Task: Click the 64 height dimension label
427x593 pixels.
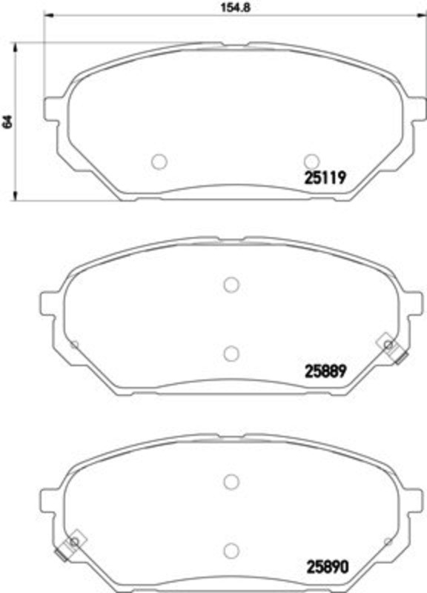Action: pos(7,122)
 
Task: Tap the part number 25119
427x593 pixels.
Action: pos(325,177)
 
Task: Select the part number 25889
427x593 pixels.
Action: pos(325,371)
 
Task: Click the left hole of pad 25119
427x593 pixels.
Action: pos(159,162)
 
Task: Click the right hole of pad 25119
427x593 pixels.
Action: pos(311,162)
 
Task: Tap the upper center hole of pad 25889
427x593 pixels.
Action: pos(231,285)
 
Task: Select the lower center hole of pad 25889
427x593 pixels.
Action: pos(231,354)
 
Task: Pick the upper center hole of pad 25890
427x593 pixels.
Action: pos(231,481)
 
